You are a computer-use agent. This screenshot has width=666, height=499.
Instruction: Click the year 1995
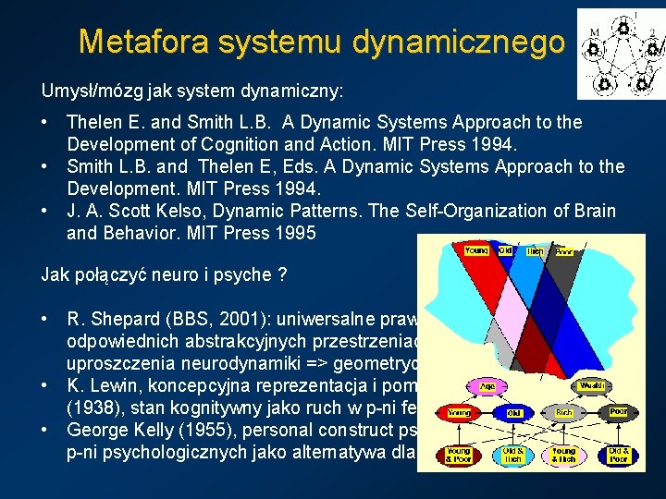pos(295,233)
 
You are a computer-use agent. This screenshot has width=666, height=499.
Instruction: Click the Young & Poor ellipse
pos(461,454)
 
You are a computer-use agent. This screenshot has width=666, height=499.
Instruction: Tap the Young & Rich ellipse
pos(563,454)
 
